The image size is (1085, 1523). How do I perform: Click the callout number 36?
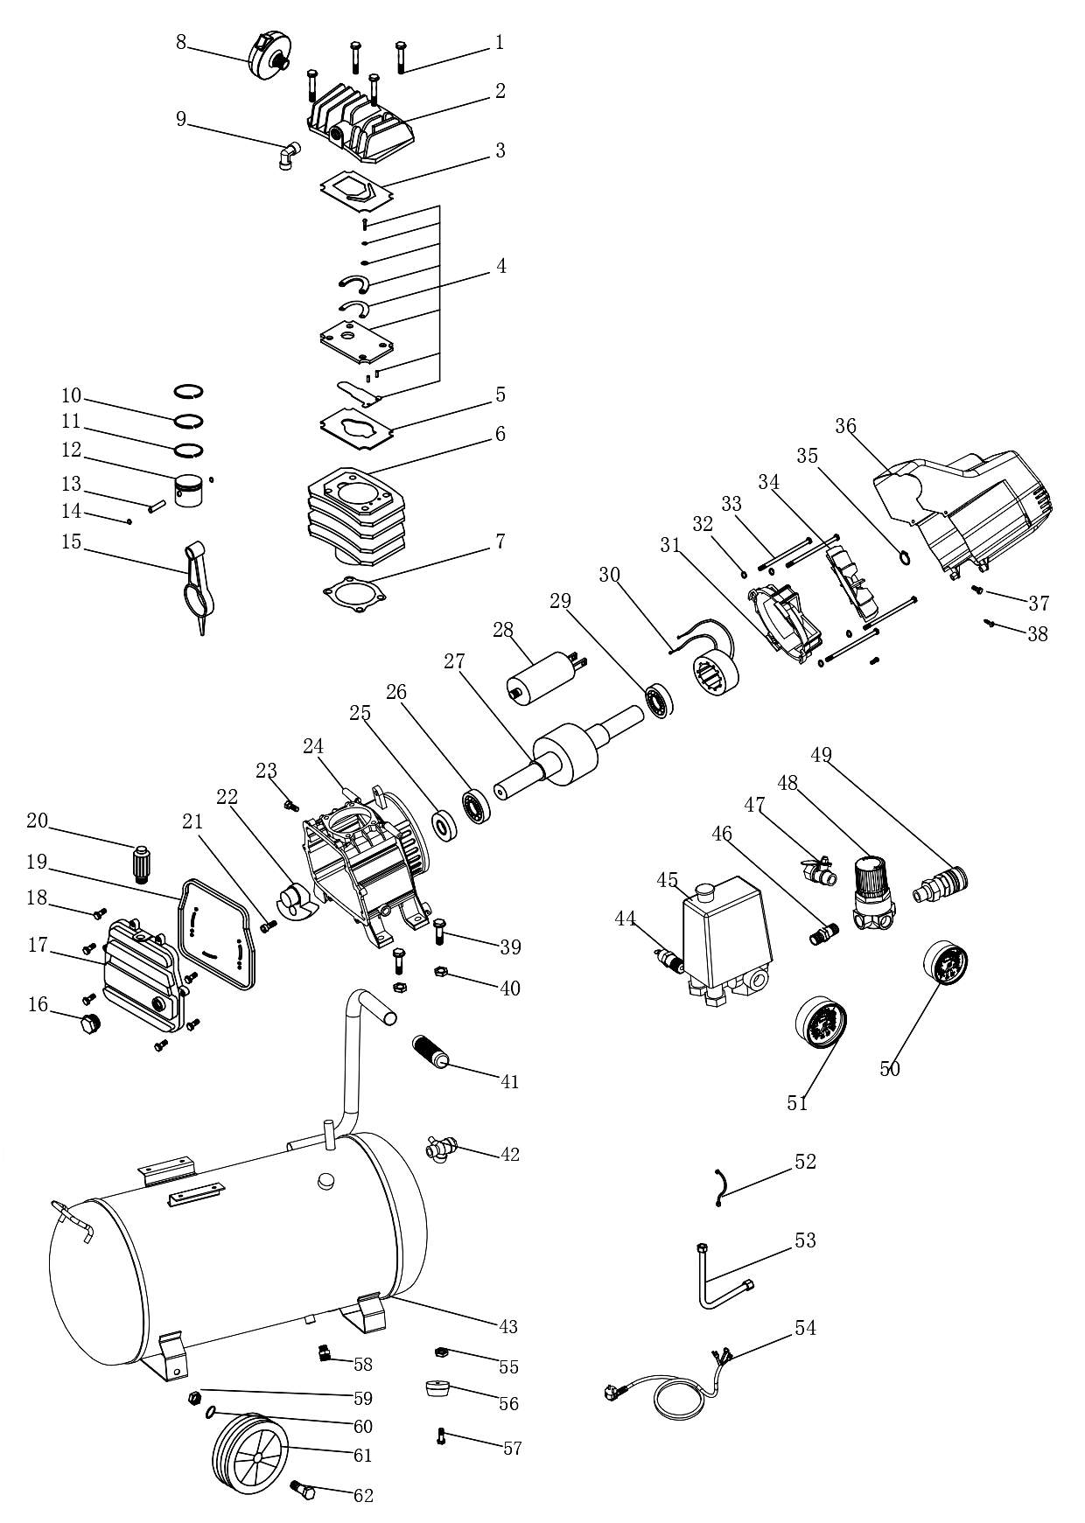(x=845, y=426)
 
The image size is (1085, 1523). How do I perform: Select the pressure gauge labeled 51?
(x=822, y=1023)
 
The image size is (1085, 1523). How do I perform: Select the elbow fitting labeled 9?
(x=289, y=156)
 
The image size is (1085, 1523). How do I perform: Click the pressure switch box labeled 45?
(x=726, y=945)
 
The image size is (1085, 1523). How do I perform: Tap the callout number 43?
(x=508, y=1327)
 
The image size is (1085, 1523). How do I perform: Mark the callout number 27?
(x=454, y=661)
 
